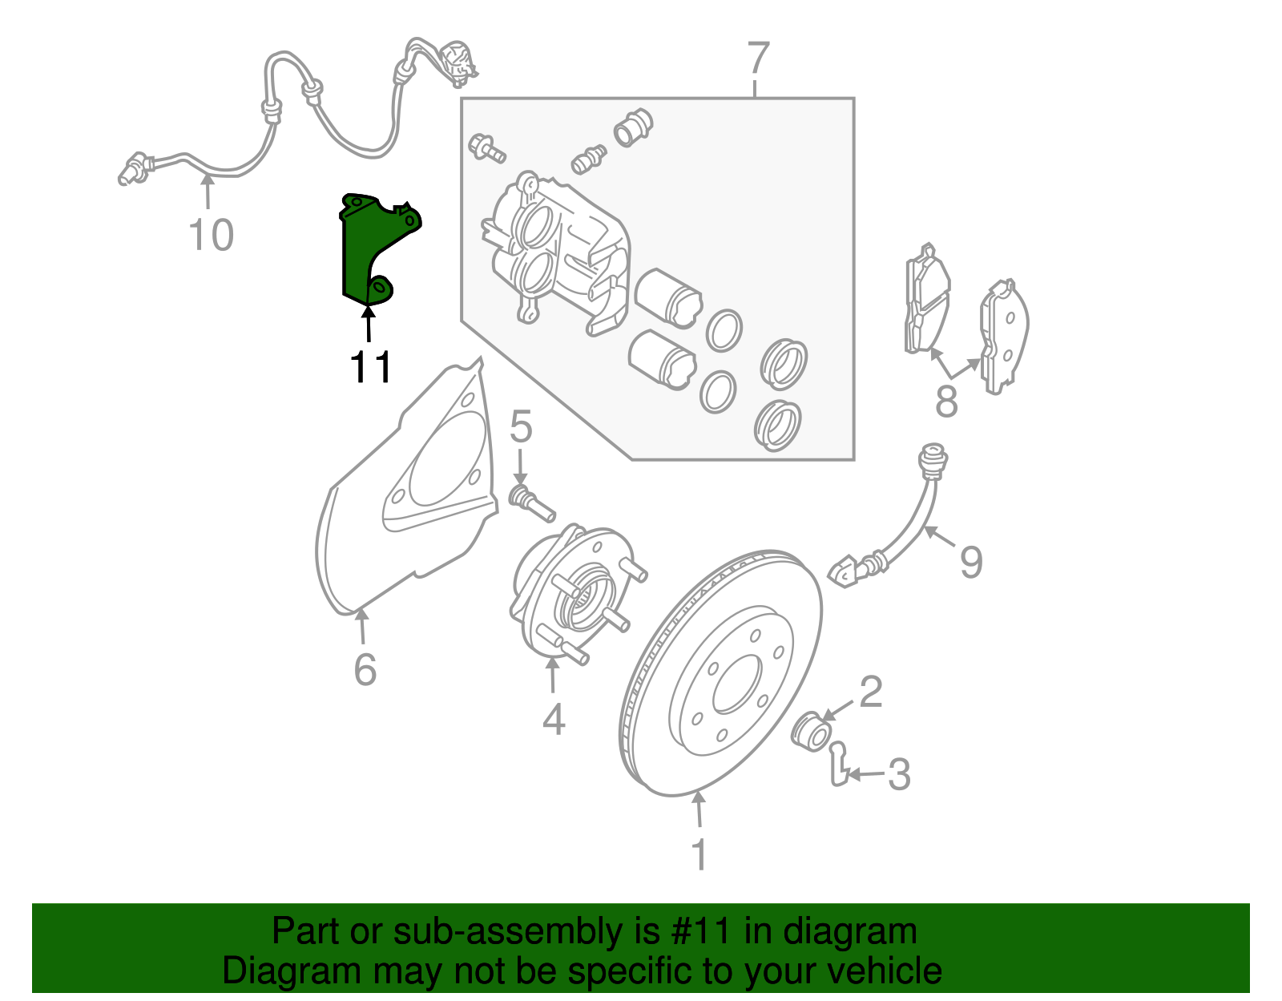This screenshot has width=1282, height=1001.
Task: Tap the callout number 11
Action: pyautogui.click(x=370, y=368)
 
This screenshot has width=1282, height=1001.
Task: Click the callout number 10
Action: pyautogui.click(x=211, y=236)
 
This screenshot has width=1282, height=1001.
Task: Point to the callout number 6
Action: pyautogui.click(x=365, y=669)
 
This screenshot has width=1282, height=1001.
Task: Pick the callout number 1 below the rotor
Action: pyautogui.click(x=699, y=855)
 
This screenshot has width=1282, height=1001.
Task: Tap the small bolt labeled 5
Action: pyautogui.click(x=531, y=501)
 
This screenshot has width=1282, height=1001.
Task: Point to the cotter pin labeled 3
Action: pyautogui.click(x=838, y=765)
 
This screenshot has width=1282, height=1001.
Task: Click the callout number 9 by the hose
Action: pyautogui.click(x=971, y=562)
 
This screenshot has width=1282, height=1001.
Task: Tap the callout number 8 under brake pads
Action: pyautogui.click(x=946, y=401)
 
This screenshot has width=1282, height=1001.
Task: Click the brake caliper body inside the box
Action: pyautogui.click(x=553, y=248)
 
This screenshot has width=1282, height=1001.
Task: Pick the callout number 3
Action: pyautogui.click(x=900, y=775)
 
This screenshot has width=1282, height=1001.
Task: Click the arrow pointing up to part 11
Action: pyautogui.click(x=369, y=325)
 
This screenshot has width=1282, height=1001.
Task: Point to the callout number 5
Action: pyautogui.click(x=521, y=426)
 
